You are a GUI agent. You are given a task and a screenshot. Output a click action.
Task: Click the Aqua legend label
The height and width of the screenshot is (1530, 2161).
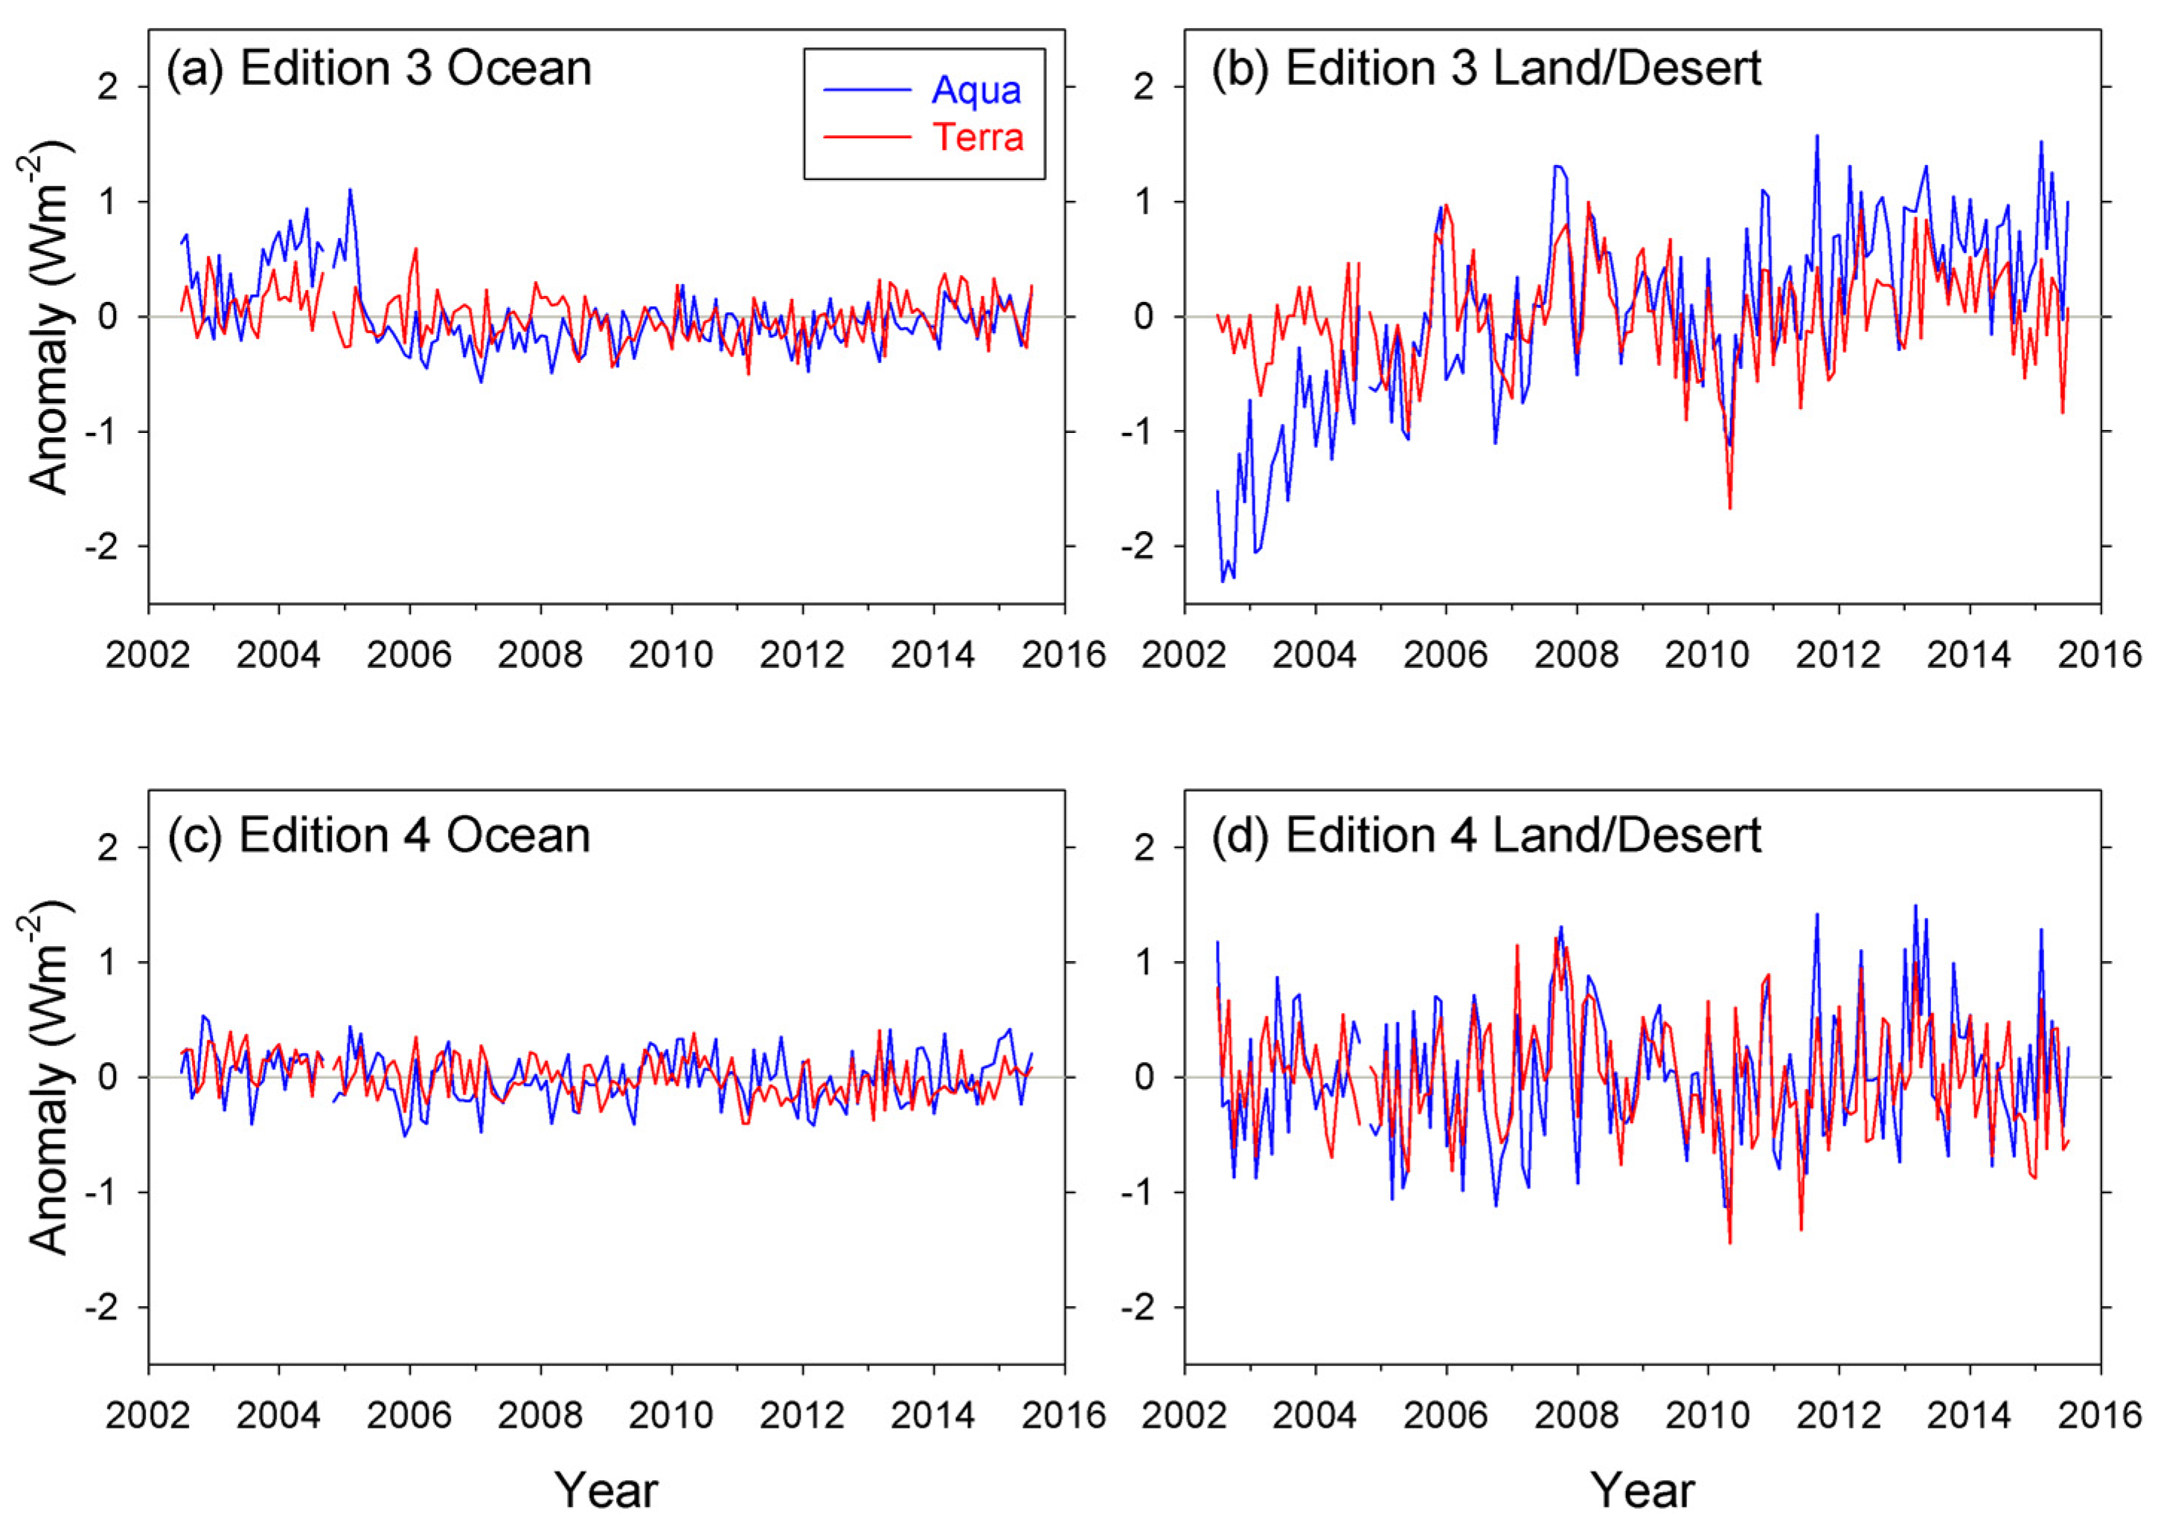click(976, 91)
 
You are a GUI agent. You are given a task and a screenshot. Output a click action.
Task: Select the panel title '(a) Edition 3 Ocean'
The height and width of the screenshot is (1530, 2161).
click(379, 68)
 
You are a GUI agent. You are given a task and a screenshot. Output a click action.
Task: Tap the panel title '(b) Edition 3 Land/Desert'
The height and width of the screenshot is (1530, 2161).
click(1485, 68)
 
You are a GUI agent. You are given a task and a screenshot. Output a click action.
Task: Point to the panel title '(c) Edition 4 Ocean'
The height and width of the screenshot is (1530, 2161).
click(379, 835)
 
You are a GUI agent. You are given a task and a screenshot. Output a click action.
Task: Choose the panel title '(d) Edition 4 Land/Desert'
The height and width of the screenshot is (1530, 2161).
click(1485, 835)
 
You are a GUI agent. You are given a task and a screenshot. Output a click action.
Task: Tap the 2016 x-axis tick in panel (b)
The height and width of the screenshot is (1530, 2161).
click(2100, 654)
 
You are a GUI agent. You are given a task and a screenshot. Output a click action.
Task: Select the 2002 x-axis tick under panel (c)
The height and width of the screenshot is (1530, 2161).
click(147, 1415)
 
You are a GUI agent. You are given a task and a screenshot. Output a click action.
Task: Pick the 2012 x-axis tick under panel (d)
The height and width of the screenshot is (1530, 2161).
click(1838, 1415)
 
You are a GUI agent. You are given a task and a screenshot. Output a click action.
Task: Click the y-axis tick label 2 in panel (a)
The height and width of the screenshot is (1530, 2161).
click(109, 88)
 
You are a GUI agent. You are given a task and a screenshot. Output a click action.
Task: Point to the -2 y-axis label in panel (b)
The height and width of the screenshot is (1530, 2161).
click(1138, 547)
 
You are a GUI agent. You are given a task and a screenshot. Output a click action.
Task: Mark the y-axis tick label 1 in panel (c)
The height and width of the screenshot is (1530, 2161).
click(109, 962)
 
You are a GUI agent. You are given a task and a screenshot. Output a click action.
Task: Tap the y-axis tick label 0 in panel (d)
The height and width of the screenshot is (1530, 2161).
click(1144, 1078)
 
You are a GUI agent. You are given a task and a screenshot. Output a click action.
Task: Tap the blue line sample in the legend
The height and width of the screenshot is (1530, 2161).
click(867, 91)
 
